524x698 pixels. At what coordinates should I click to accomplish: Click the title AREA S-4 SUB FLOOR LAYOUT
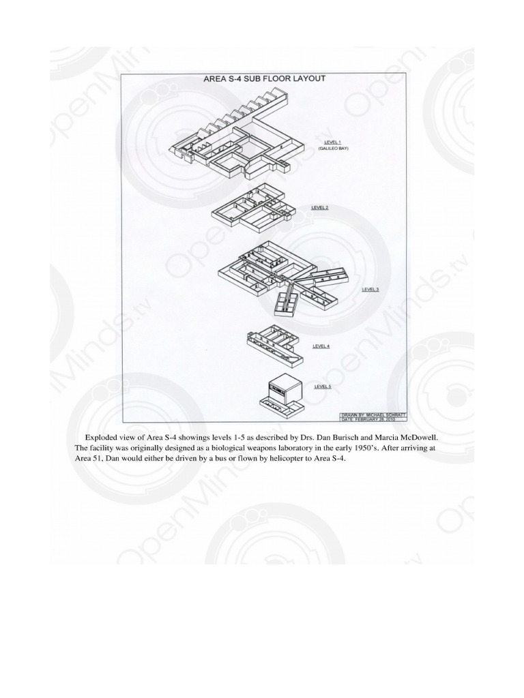(265, 78)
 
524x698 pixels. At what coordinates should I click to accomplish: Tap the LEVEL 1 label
(333, 142)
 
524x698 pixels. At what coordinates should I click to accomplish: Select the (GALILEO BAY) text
(333, 148)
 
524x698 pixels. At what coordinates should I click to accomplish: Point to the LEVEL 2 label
(320, 207)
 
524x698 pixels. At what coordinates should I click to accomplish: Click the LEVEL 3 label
(370, 289)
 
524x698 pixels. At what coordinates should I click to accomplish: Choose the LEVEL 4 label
(321, 346)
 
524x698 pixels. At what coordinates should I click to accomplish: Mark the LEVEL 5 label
(322, 386)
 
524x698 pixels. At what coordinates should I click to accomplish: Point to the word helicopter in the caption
(273, 459)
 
